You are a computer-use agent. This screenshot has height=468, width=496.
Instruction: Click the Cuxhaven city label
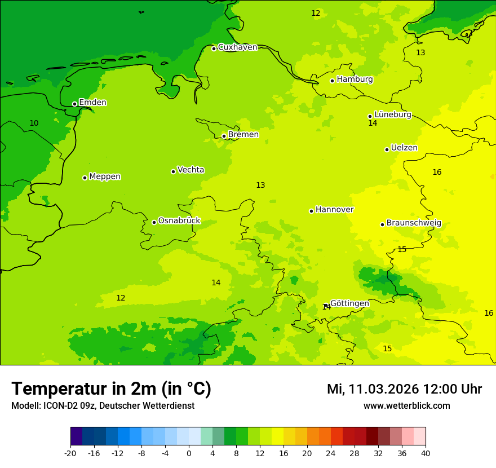tap(237, 47)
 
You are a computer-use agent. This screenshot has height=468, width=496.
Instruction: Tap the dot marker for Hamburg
tap(332, 81)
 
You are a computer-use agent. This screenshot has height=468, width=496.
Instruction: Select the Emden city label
tap(92, 103)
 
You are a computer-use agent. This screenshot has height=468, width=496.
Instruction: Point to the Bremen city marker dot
tap(224, 136)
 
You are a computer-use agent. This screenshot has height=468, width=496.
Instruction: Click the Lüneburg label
tap(392, 114)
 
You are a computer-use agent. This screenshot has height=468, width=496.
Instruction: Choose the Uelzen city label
tap(404, 148)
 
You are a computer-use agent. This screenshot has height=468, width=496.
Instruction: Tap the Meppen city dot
tap(85, 178)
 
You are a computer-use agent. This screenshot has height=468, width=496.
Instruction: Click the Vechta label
tap(191, 170)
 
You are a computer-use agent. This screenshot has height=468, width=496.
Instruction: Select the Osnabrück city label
tap(179, 220)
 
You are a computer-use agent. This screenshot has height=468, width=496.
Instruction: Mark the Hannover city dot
tap(311, 211)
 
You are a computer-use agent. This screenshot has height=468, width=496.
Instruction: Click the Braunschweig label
tap(414, 223)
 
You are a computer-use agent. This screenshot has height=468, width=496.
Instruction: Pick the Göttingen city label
tap(349, 303)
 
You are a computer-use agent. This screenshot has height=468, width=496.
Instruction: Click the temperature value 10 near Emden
tap(34, 123)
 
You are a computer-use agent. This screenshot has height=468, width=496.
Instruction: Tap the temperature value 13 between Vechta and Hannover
tap(260, 186)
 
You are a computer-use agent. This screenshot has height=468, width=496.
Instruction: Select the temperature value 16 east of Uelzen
tap(437, 172)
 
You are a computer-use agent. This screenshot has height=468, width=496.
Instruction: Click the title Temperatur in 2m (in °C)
tap(111, 389)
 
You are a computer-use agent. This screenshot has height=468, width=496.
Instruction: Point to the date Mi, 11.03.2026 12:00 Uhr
tap(404, 389)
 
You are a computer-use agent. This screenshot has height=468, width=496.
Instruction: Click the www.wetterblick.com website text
tap(406, 406)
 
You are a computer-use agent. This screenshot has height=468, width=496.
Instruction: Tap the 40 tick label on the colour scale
tap(426, 453)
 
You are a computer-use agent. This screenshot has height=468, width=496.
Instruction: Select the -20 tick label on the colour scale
tap(70, 453)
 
